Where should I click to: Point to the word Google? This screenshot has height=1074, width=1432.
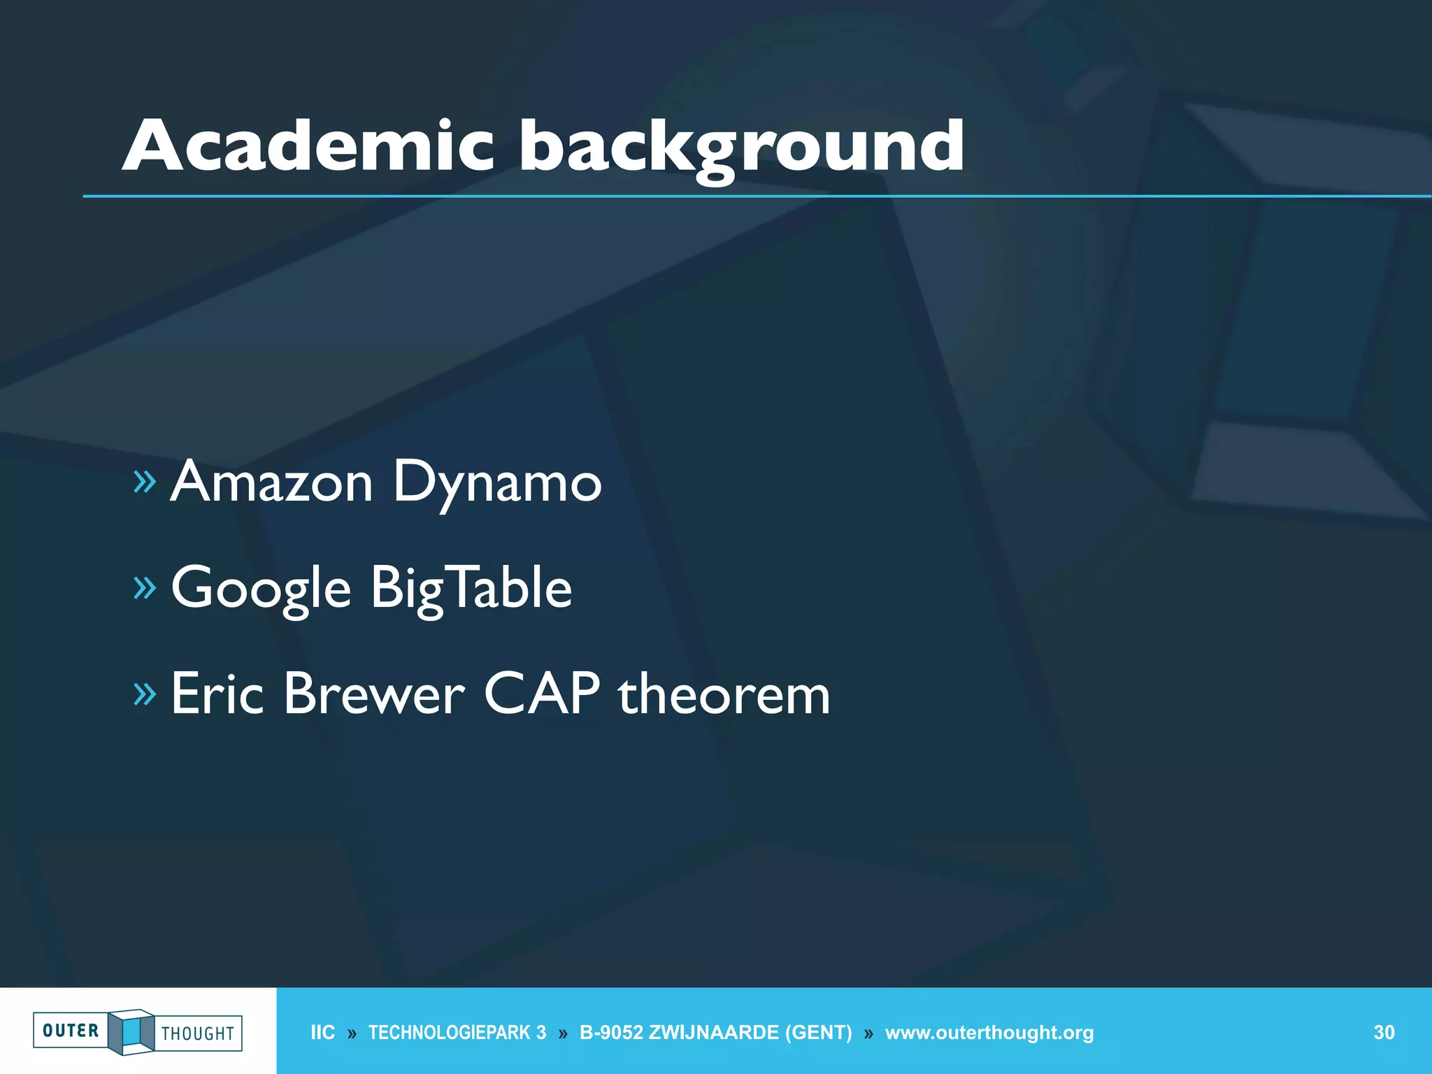(261, 589)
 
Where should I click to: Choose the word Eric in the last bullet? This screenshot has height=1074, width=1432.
(217, 694)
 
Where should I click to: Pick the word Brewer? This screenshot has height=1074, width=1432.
(373, 694)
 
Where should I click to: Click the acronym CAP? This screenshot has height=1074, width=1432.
(542, 694)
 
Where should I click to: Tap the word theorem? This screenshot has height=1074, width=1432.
(724, 695)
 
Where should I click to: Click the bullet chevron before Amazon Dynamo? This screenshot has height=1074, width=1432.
(145, 482)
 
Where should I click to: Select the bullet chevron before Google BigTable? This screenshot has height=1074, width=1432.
(145, 588)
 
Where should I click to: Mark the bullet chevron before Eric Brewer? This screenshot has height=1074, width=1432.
(145, 694)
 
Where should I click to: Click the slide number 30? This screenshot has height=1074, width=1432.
(1384, 1033)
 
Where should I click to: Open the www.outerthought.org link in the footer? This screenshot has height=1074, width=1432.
(989, 1033)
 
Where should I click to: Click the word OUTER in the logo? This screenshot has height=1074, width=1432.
(71, 1031)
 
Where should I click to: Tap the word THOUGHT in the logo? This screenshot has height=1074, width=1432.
(198, 1033)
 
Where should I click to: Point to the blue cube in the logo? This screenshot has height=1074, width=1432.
(131, 1032)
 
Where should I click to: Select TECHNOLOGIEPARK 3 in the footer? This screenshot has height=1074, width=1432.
(457, 1033)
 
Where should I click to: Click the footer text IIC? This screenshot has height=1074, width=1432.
(322, 1033)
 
